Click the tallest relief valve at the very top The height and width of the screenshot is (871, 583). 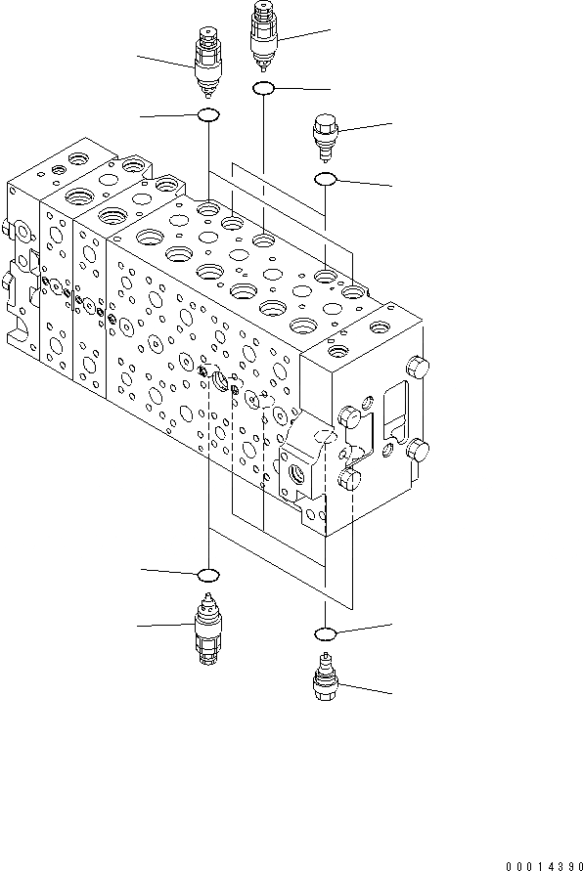(264, 36)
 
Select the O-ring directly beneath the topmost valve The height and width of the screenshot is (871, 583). (263, 90)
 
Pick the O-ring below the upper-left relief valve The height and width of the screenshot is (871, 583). (207, 116)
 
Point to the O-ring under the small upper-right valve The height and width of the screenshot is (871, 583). (325, 179)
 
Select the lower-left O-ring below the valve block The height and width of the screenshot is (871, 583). (207, 573)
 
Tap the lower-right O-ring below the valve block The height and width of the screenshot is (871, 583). (326, 632)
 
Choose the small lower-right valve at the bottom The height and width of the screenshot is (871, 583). (325, 678)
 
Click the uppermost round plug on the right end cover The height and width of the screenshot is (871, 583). (419, 370)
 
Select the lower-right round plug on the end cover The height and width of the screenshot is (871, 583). (418, 451)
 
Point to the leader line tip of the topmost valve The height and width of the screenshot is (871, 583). (332, 31)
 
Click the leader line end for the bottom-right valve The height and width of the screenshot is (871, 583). (393, 694)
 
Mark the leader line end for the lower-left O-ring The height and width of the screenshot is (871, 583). (141, 568)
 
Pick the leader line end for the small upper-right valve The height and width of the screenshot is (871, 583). (393, 123)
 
